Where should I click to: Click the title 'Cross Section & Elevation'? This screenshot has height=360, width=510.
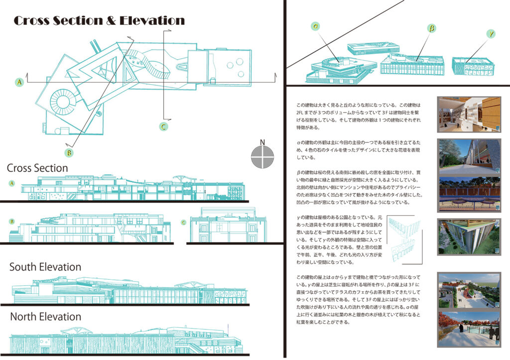pyautogui.click(x=99, y=21)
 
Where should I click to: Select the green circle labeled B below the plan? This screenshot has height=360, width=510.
pyautogui.click(x=69, y=152)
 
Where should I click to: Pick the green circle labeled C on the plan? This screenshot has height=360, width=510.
pyautogui.click(x=163, y=126)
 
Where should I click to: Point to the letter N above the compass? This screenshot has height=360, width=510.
pyautogui.click(x=263, y=141)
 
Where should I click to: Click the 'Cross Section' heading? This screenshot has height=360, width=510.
pyautogui.click(x=37, y=168)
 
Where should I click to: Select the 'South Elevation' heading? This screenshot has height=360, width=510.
pyautogui.click(x=45, y=267)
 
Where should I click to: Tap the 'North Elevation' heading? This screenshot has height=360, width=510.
pyautogui.click(x=45, y=317)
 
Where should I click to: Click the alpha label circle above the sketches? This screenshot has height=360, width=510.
pyautogui.click(x=315, y=26)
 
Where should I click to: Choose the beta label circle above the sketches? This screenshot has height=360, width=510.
pyautogui.click(x=431, y=28)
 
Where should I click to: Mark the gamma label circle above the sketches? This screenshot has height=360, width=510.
pyautogui.click(x=491, y=34)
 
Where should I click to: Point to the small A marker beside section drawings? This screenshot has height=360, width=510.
pyautogui.click(x=12, y=183)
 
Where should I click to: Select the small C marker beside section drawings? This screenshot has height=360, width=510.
pyautogui.click(x=183, y=222)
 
